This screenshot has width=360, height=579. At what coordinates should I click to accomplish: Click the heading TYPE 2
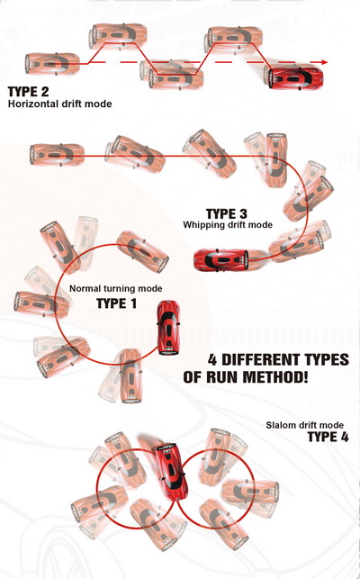pos(28,92)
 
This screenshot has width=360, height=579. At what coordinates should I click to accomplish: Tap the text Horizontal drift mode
pos(59,104)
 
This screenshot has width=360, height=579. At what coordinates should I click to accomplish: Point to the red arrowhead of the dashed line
pos(324,62)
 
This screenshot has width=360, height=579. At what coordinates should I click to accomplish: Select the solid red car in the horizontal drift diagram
pos(296,78)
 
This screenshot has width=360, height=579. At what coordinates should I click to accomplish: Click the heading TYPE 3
pos(226,214)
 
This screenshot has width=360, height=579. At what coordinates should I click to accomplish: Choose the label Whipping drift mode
pos(228,224)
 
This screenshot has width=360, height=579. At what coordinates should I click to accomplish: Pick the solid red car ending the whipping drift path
pos(220,260)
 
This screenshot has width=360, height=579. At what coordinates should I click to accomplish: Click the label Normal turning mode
pos(115,288)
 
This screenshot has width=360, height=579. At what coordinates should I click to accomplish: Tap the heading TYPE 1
pos(116,303)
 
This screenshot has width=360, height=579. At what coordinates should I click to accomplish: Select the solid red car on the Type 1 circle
pos(168,328)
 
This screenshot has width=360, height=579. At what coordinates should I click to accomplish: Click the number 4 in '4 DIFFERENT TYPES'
pos(211,359)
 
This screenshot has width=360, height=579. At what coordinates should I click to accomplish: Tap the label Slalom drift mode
pos(304,425)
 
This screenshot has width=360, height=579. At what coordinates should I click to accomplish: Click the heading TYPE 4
pos(328,438)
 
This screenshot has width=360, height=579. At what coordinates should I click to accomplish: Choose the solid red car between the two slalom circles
pos(170,472)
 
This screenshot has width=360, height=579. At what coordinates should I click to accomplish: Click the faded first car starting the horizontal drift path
pos(52,64)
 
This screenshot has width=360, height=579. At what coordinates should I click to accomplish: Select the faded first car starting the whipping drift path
pos(57,155)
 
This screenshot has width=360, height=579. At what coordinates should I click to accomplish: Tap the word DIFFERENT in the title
pos(262,359)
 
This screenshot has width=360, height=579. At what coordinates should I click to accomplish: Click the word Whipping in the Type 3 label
pos(200,224)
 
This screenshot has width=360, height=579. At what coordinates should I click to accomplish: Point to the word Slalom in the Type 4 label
pos(278,425)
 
